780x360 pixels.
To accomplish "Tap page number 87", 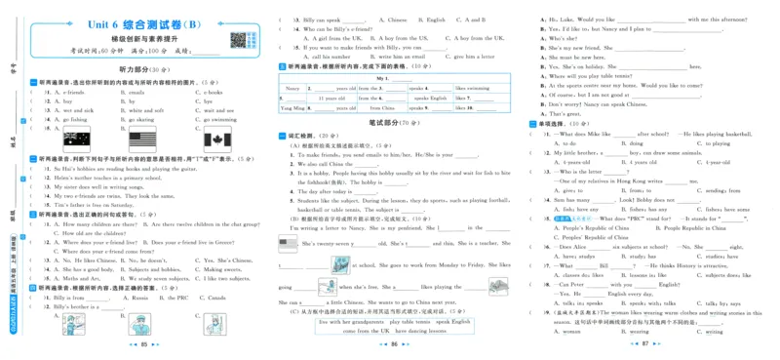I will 644,345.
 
